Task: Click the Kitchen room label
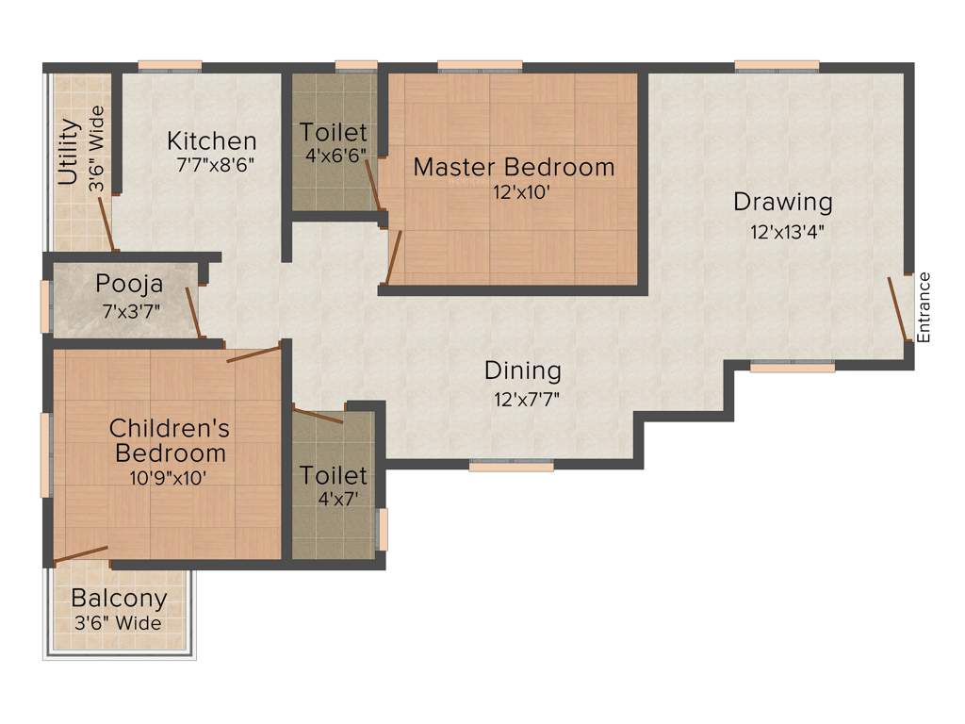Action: [x=211, y=141]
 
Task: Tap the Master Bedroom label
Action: [x=514, y=168]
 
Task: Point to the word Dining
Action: [x=522, y=370]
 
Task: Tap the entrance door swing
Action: [x=900, y=307]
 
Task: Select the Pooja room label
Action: [x=129, y=284]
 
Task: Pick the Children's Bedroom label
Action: [x=170, y=440]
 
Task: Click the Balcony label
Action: [x=119, y=598]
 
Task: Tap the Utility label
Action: [x=68, y=153]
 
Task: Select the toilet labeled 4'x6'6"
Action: [x=334, y=142]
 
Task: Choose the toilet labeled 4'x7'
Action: [x=334, y=485]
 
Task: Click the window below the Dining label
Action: [x=511, y=465]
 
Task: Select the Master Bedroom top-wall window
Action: [x=480, y=65]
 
